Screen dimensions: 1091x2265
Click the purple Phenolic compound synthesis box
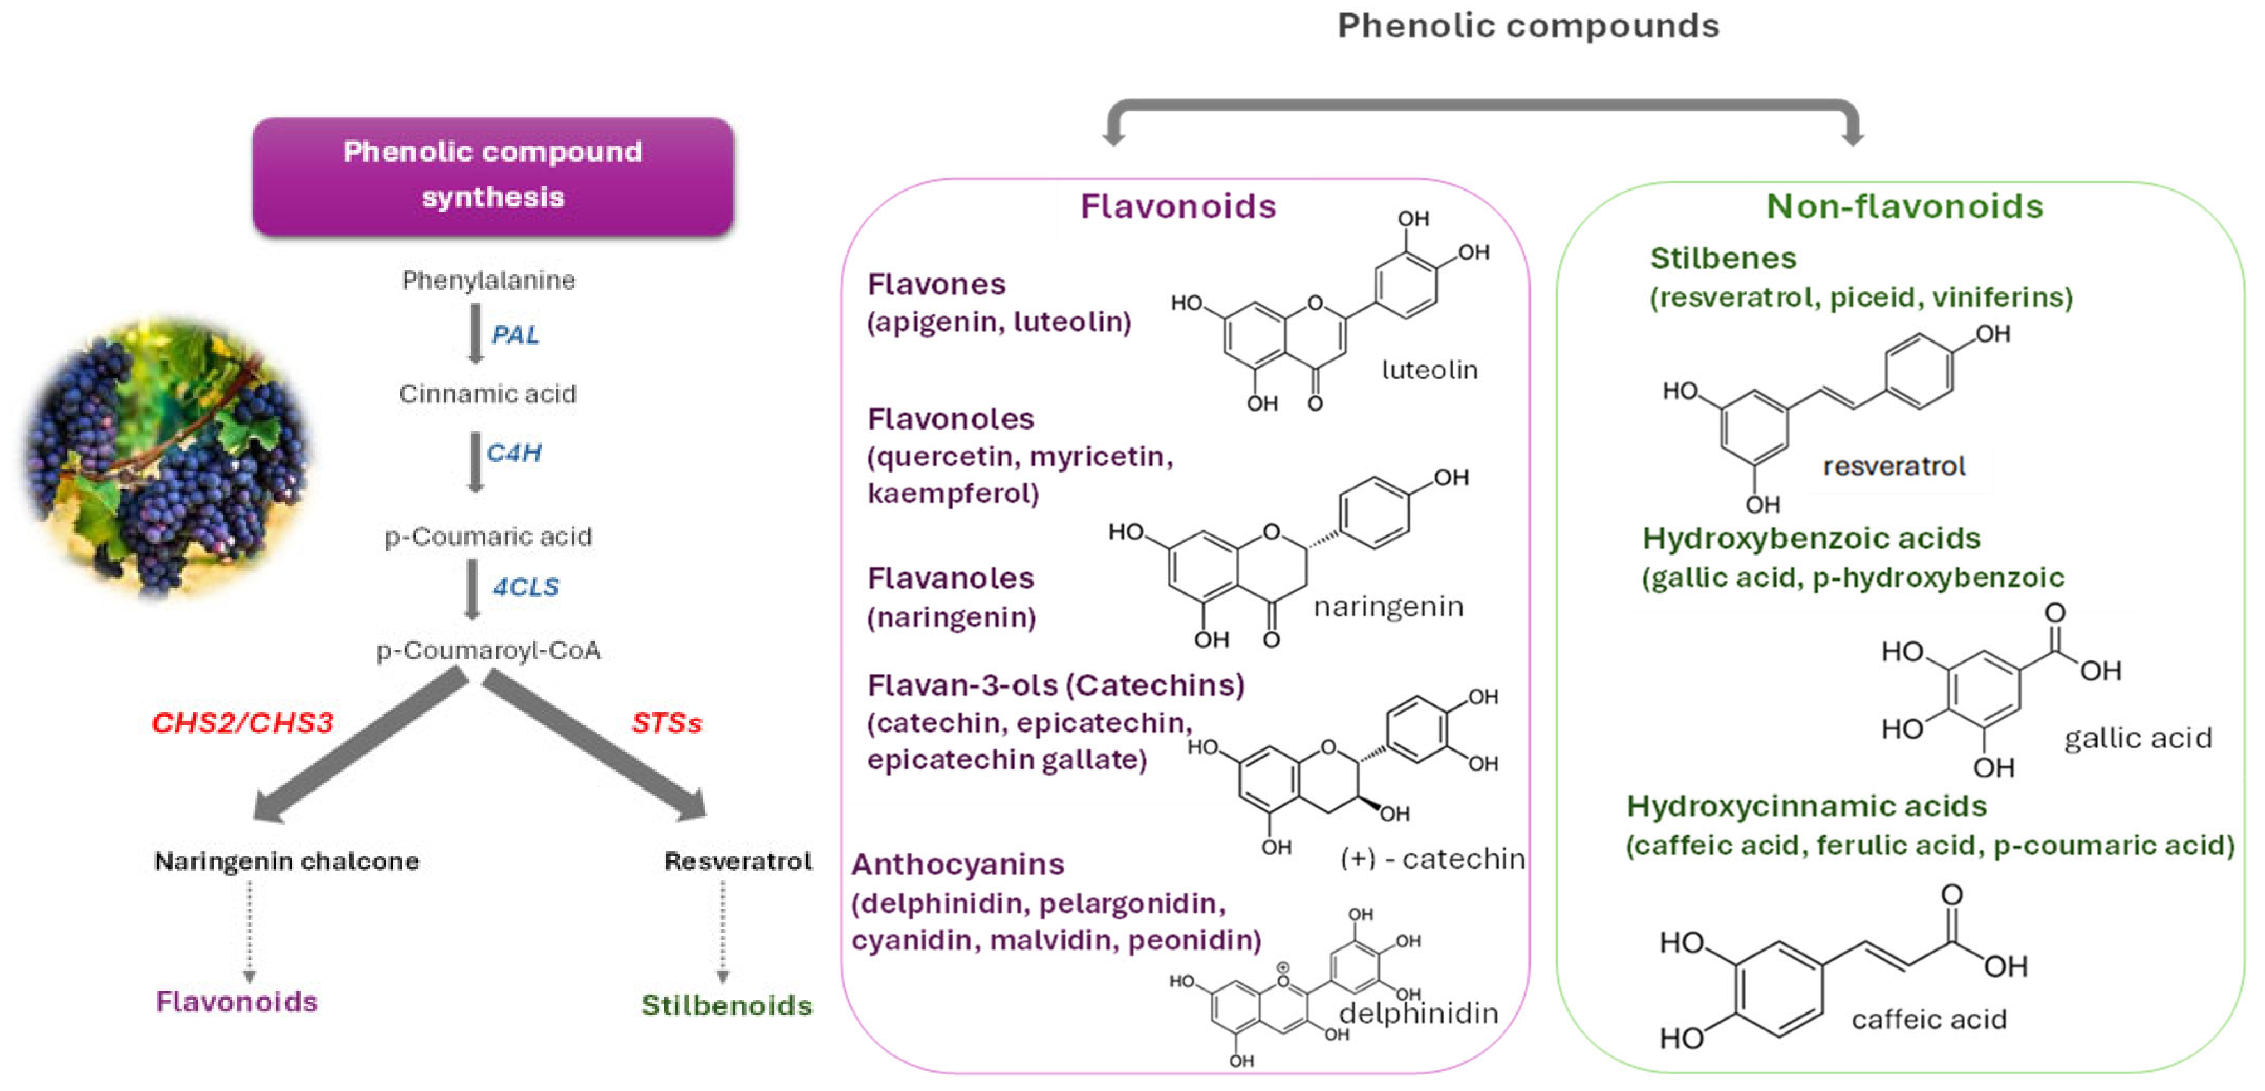tap(493, 176)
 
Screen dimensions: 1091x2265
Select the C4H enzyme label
tap(514, 453)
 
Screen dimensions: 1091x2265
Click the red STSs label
tap(666, 723)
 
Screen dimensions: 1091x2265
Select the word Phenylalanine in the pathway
tap(488, 280)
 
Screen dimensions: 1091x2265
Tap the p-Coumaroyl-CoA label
tap(488, 651)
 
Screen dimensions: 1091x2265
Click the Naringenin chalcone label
tap(286, 861)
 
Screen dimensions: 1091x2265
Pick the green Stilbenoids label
tap(726, 1005)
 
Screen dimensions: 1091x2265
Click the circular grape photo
tap(167, 457)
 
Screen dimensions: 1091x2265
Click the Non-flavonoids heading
tap(1904, 207)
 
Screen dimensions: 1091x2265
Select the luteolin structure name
tap(1429, 370)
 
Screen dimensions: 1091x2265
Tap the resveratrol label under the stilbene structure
tap(1893, 466)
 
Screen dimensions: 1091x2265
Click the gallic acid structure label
tap(2137, 738)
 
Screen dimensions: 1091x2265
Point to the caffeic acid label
tap(1928, 1019)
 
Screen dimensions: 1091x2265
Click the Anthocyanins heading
tap(957, 864)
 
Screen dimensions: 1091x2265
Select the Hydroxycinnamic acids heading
tap(1806, 806)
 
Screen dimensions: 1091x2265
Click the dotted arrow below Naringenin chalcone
tap(250, 932)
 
